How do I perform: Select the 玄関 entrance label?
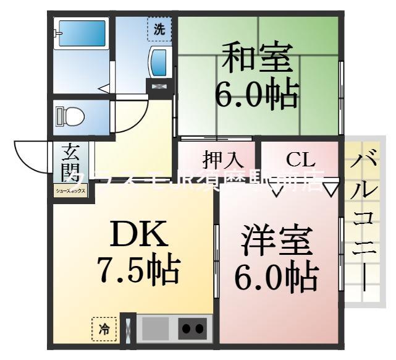tap(69, 163)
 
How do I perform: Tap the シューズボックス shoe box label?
tap(72, 191)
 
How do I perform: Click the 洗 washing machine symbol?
tap(159, 28)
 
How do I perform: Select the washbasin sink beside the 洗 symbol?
tap(159, 62)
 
